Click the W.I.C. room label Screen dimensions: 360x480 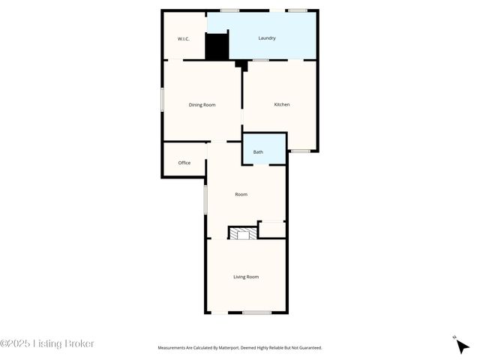[x=182, y=38]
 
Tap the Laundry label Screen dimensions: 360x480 [x=267, y=38]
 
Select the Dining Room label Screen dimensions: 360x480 [x=202, y=105]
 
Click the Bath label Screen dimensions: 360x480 [x=258, y=152]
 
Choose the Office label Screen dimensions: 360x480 [x=184, y=163]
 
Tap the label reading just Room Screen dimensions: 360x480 [x=241, y=194]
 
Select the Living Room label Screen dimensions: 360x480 [x=246, y=277]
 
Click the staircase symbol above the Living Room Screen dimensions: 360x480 [x=242, y=234]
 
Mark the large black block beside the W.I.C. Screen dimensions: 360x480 [x=217, y=46]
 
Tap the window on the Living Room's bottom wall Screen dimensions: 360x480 [x=256, y=312]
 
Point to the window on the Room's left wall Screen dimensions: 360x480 [x=205, y=200]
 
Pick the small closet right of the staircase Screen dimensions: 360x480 [x=271, y=229]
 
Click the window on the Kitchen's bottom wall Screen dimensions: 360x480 [x=301, y=151]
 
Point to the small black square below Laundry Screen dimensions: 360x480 [x=240, y=64]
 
